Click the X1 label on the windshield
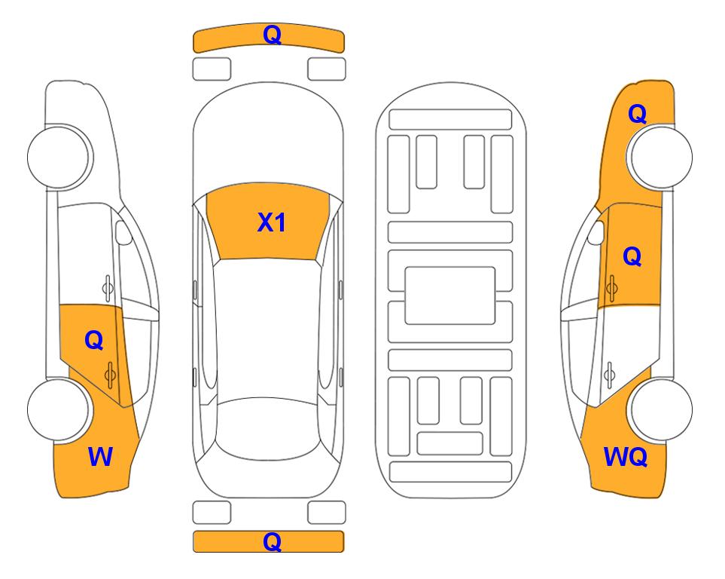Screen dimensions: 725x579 point(272,222)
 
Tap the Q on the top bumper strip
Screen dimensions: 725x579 point(273,35)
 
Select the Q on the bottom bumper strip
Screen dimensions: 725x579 point(273,541)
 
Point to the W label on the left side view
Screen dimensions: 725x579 point(100,457)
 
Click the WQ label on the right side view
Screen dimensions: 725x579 point(626,457)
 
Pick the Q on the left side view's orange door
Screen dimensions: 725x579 point(94,341)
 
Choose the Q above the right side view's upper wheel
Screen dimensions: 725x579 point(637,114)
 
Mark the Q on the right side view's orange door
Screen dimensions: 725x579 point(632,256)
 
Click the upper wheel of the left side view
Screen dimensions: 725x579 point(58,157)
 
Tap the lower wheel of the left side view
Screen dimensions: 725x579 point(58,409)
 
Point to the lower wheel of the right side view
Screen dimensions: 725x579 point(662,409)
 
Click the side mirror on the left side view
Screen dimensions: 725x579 point(123,232)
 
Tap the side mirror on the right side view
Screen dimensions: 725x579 point(596,232)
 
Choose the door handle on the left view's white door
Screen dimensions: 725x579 point(108,288)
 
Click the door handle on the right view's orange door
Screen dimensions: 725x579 point(612,288)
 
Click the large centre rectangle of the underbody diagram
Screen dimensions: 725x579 point(450,296)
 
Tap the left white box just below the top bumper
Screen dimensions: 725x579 point(212,69)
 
